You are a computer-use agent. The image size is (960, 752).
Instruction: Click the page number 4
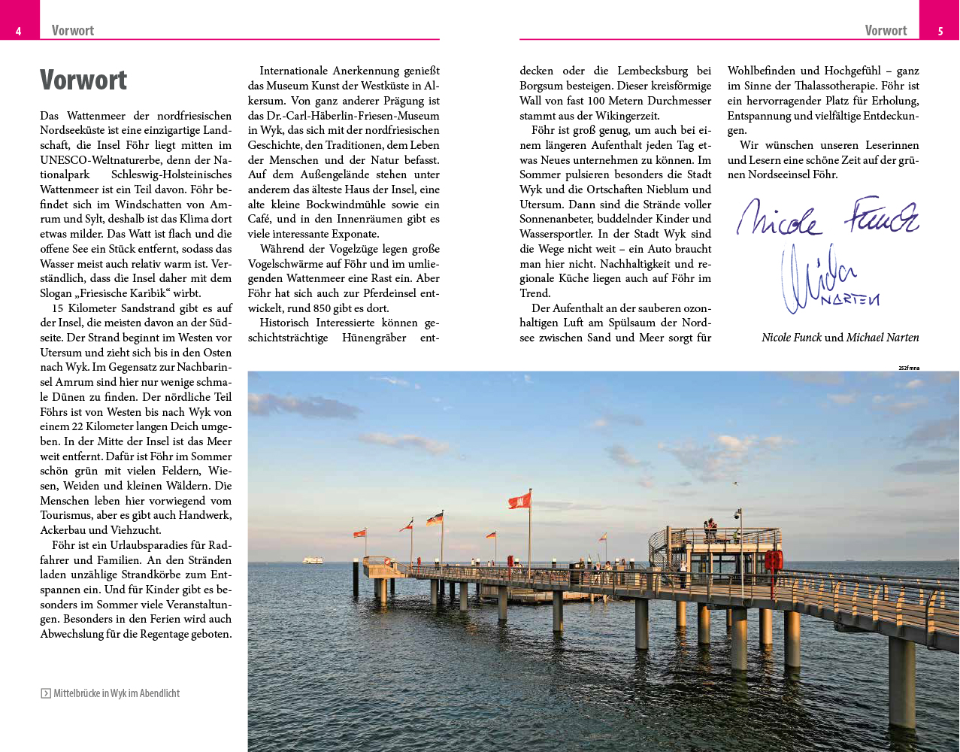coord(18,32)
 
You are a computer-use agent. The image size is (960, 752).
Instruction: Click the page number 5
coord(940,32)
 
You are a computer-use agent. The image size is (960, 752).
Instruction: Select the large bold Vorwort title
coord(83,80)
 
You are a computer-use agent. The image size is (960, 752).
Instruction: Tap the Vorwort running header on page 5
coord(886,31)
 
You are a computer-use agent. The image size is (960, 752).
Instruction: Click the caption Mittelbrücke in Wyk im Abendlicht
coord(117,693)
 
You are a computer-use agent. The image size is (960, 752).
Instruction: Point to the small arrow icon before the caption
coord(46,693)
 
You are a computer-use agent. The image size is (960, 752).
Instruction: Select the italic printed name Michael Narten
coord(883,338)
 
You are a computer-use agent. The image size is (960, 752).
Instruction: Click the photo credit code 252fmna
coord(908,368)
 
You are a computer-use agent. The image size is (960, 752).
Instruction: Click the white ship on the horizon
coord(312,560)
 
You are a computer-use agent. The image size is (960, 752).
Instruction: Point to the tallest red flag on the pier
coord(520,500)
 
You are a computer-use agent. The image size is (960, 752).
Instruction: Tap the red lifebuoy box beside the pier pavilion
coord(774,560)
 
